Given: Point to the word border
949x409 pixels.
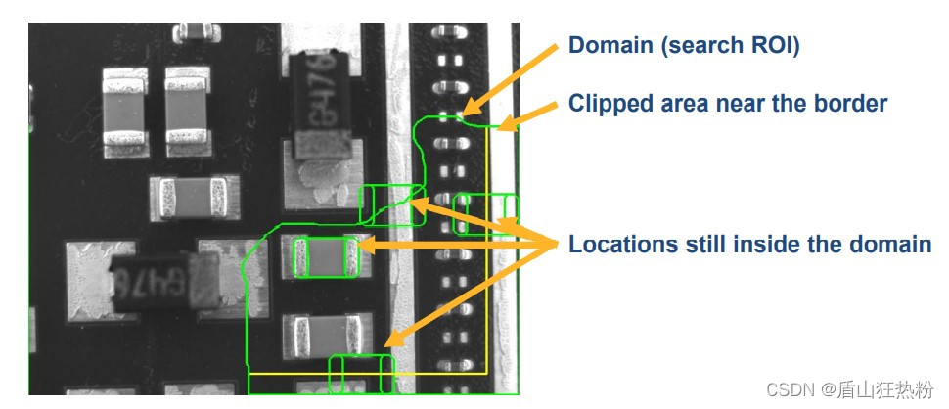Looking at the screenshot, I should [x=848, y=103].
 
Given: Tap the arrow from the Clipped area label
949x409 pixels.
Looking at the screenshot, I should [x=528, y=113].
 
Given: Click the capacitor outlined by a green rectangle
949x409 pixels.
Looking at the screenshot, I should [x=326, y=257].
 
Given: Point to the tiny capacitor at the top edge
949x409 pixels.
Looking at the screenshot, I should [x=197, y=31].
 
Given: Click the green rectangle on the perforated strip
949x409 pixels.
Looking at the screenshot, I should [x=486, y=214].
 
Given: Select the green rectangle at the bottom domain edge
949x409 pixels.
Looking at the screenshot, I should [x=361, y=374].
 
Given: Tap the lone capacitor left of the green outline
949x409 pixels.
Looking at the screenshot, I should [x=192, y=199].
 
